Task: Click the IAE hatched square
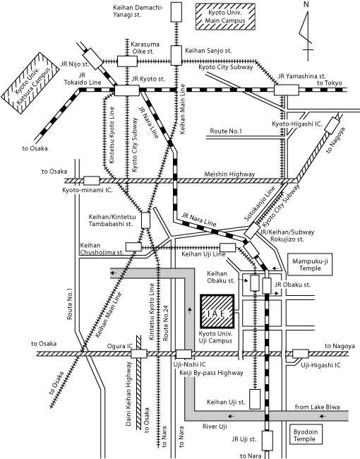click(x=217, y=311)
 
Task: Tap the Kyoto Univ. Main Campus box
click(x=225, y=16)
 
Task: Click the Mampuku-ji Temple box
click(x=310, y=264)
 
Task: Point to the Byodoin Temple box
click(x=306, y=435)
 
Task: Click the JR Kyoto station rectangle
click(x=127, y=90)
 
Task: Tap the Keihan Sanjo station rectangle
click(x=176, y=55)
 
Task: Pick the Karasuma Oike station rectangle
click(x=127, y=61)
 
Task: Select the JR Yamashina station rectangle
click(x=287, y=90)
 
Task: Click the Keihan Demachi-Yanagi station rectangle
click(x=176, y=12)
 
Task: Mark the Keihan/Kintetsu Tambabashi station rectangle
click(x=145, y=220)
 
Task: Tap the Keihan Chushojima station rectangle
click(x=133, y=246)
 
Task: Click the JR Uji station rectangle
click(x=268, y=441)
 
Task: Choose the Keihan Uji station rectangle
click(x=255, y=399)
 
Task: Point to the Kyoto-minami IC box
click(x=92, y=181)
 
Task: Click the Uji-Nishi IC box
click(x=184, y=354)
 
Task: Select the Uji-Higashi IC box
click(x=301, y=354)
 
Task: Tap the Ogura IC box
click(x=139, y=354)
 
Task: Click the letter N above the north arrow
click(x=306, y=4)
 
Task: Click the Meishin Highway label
click(x=229, y=174)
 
